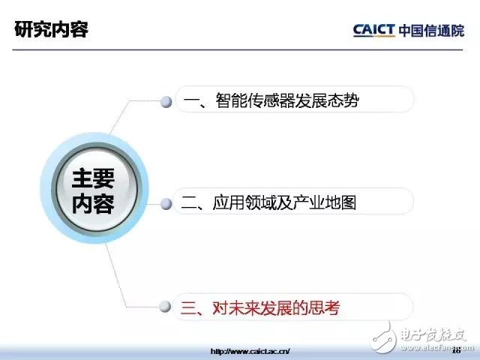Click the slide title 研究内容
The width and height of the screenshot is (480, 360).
52,29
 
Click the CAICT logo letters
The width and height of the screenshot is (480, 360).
373,30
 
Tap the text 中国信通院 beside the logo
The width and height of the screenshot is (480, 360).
432,31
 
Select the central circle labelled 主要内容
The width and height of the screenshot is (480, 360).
94,188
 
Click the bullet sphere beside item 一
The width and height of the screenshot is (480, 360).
166,102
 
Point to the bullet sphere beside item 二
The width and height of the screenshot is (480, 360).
166,204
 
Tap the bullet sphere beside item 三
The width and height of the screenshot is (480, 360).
165,307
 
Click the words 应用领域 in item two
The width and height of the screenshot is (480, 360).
244,202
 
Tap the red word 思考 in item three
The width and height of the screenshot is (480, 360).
324,308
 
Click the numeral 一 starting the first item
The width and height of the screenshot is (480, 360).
191,101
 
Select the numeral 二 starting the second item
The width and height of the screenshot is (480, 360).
189,202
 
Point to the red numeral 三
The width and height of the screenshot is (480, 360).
188,308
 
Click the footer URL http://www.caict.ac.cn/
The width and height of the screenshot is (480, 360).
250,351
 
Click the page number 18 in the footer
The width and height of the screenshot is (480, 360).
456,350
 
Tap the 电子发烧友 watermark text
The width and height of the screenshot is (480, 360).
433,335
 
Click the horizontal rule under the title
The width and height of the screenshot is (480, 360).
238,49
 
